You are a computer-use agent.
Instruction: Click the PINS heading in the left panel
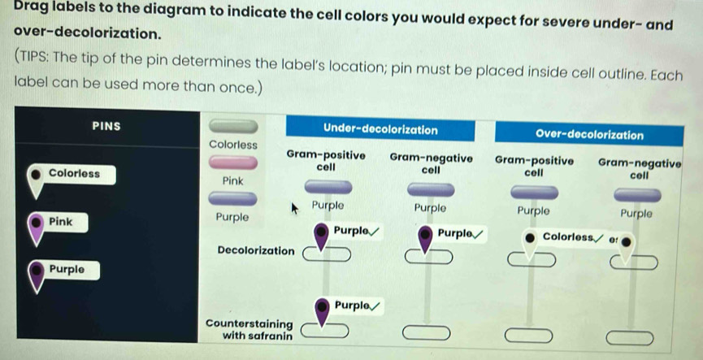click(106, 126)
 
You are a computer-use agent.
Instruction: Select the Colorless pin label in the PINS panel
click(74, 173)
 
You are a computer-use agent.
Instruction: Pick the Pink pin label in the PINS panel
click(61, 221)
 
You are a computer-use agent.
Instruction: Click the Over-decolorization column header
click(589, 135)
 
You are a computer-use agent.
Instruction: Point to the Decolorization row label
click(255, 250)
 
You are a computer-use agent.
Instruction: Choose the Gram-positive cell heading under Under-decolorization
click(325, 159)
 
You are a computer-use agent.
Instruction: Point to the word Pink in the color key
click(233, 180)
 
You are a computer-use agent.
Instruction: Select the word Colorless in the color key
click(232, 144)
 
